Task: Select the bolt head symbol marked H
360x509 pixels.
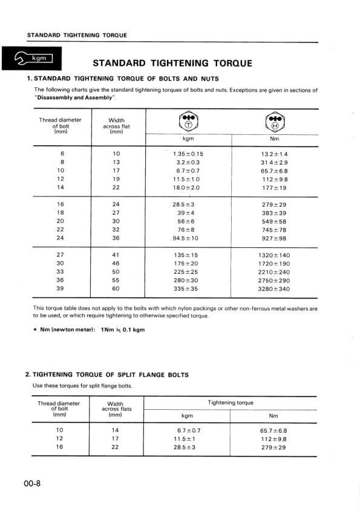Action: point(274,122)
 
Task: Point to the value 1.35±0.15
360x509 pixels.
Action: point(188,154)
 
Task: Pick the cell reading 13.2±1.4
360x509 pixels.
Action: point(274,154)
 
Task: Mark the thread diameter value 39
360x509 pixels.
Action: point(60,288)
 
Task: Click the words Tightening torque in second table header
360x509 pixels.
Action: point(231,402)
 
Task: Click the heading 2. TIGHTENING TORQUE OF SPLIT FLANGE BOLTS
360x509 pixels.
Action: point(107,375)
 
